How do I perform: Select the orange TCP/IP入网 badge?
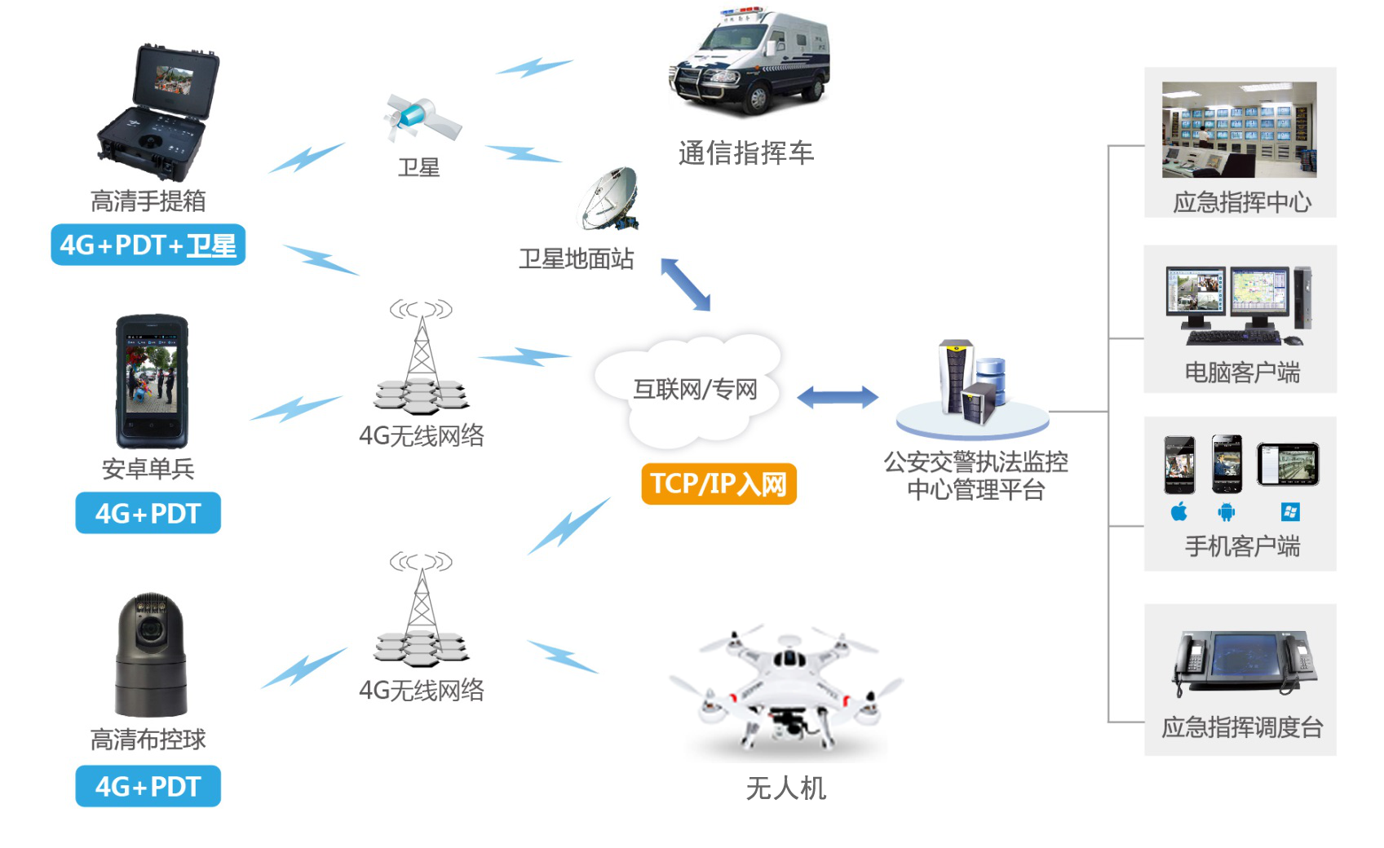719,484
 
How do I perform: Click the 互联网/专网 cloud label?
695,390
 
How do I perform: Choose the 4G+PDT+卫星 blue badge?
148,245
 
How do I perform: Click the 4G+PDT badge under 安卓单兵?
148,513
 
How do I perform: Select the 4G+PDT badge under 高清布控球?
148,786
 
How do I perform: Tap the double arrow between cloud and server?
837,397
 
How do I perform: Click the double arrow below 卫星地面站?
685,285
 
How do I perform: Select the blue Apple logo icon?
1179,512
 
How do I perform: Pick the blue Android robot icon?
1226,512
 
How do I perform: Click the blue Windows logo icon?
1290,512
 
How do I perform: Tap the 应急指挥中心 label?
1241,202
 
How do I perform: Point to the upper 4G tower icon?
422,359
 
